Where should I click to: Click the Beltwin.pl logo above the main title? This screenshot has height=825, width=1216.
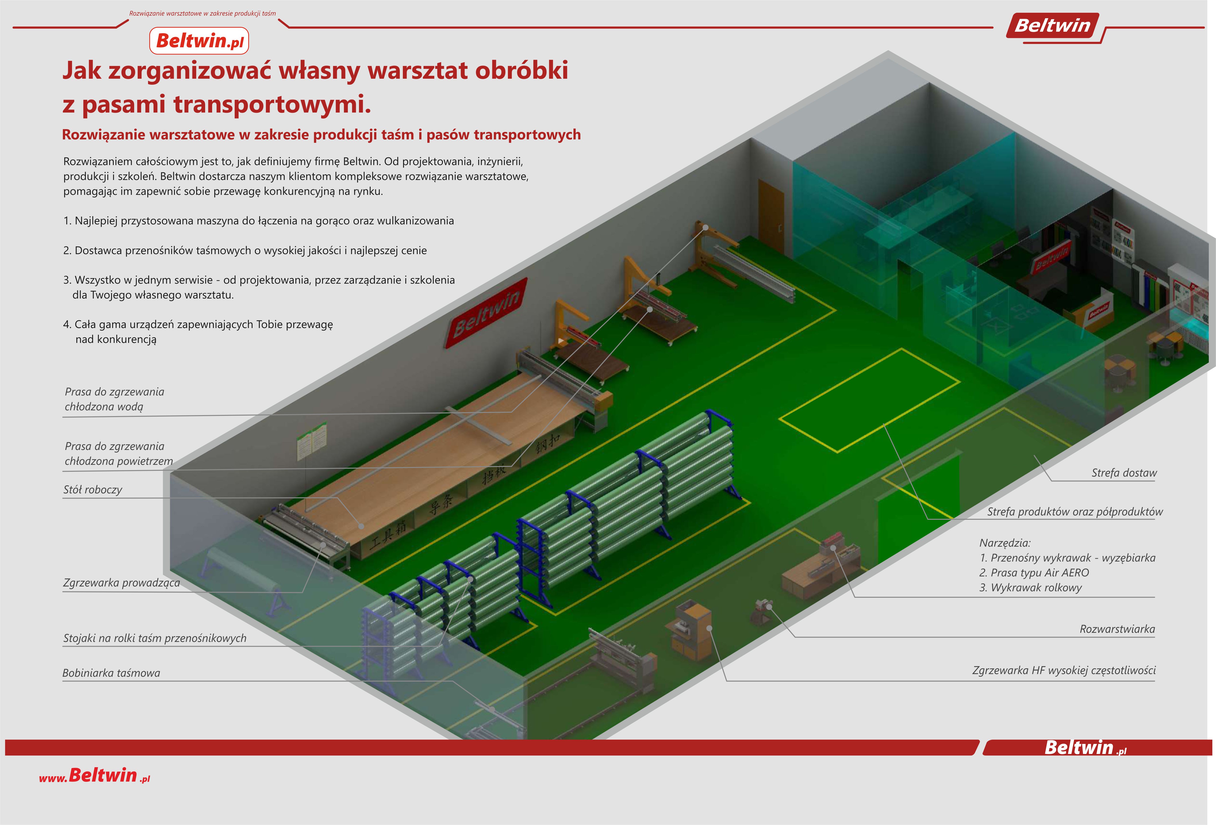[x=199, y=41]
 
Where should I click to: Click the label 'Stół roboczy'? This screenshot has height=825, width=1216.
[x=93, y=490]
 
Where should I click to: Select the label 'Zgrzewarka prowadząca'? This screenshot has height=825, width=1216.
[x=121, y=583]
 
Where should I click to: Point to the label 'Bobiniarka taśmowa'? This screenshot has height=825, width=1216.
[x=111, y=673]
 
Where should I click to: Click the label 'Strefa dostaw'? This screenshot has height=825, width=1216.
[x=1124, y=473]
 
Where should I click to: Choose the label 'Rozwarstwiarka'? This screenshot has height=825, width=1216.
[x=1117, y=629]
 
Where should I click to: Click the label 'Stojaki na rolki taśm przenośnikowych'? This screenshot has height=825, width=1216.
[x=155, y=638]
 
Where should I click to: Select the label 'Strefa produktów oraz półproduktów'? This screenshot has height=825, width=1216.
[x=1075, y=512]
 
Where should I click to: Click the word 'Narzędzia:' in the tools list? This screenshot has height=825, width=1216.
[x=1005, y=543]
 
